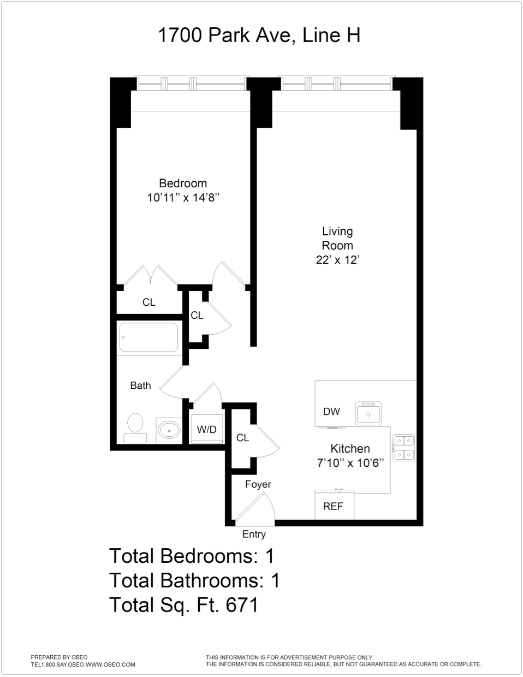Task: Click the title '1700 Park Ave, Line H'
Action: tap(259, 35)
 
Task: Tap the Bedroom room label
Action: tap(183, 183)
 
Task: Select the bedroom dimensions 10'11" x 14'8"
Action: tap(183, 198)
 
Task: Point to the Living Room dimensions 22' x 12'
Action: tap(337, 260)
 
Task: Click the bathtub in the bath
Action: tap(149, 337)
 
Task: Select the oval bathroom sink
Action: tap(170, 430)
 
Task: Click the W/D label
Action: tap(206, 430)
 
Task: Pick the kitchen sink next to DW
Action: tap(369, 414)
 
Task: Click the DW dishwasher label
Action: tap(331, 412)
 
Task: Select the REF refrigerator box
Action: tap(334, 506)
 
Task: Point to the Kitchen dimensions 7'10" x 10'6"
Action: tap(350, 463)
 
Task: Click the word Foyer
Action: tap(258, 484)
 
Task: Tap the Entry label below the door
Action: tap(254, 535)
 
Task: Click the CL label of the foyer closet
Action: tap(242, 438)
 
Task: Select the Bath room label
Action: tap(140, 385)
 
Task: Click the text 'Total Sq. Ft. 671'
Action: tap(183, 605)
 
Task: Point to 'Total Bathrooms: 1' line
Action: tap(194, 580)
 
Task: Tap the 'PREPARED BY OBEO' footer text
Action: tap(59, 657)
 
